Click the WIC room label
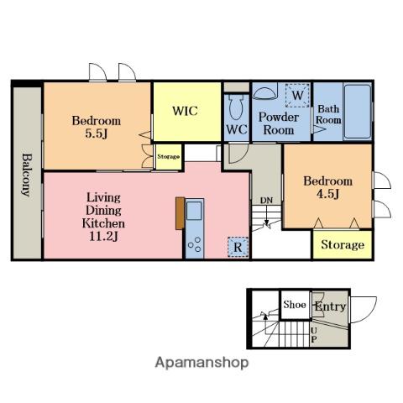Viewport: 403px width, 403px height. pos(185,111)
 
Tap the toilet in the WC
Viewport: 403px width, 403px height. pos(237,107)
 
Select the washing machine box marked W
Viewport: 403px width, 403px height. pos(297,95)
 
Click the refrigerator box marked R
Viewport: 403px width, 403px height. pos(238,247)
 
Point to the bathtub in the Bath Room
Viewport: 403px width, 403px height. pos(358,112)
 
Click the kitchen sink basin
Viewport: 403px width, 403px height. pos(194,211)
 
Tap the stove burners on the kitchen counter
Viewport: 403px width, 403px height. pos(195,244)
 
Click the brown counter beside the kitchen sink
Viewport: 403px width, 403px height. pos(180,213)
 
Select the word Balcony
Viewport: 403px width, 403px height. pos(28,175)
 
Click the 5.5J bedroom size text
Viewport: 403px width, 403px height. pos(97,133)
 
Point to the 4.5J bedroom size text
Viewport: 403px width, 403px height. pos(327,193)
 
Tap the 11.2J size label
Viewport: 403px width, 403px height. pos(103,237)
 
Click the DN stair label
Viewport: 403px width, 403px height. pos(266,201)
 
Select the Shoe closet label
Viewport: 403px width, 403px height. pos(295,305)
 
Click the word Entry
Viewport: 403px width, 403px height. pos(330,306)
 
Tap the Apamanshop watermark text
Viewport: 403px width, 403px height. pos(201,363)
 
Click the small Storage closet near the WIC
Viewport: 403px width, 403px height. pos(168,157)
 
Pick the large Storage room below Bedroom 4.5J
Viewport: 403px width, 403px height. pos(343,244)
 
